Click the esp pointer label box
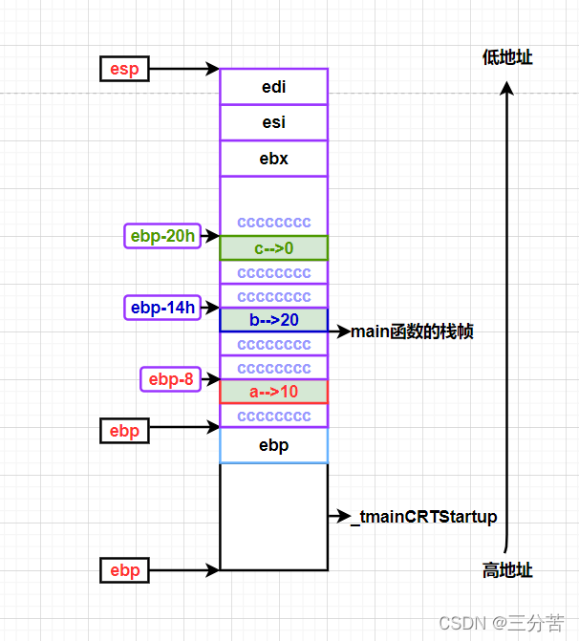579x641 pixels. (x=124, y=68)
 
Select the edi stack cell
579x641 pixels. (x=273, y=87)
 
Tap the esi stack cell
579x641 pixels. (x=273, y=122)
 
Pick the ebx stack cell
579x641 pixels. (x=273, y=159)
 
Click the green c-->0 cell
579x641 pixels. (x=273, y=248)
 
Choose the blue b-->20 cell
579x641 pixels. (x=273, y=320)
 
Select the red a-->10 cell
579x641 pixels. (x=273, y=392)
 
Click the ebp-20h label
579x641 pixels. (x=162, y=236)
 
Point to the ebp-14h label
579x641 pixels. (x=162, y=308)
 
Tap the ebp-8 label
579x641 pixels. (x=171, y=379)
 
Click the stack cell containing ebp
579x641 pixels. (x=273, y=445)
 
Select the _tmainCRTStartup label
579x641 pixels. (x=423, y=517)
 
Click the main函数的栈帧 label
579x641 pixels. (x=413, y=331)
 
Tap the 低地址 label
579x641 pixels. (x=507, y=57)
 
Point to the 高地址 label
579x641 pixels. (x=507, y=570)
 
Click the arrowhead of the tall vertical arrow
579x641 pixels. (x=507, y=88)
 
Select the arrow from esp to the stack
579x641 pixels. (x=184, y=69)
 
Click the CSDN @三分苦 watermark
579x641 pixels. (x=501, y=623)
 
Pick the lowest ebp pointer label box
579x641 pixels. (x=124, y=570)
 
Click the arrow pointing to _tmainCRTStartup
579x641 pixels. (x=338, y=517)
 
